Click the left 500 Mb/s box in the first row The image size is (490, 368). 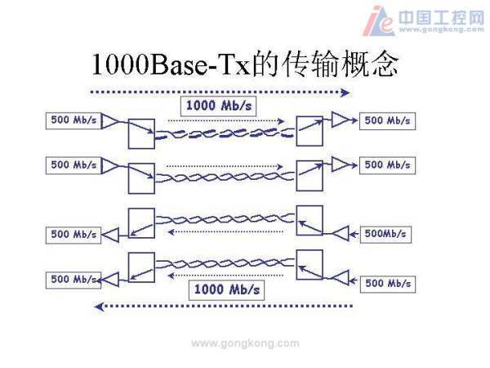click(x=73, y=120)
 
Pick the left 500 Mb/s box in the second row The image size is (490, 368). click(x=73, y=164)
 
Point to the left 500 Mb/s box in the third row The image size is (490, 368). click(x=73, y=234)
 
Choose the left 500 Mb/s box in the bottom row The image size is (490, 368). click(x=73, y=279)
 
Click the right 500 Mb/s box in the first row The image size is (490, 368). click(x=387, y=120)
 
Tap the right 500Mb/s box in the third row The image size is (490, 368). click(x=385, y=234)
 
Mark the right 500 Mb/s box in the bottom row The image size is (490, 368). click(x=387, y=283)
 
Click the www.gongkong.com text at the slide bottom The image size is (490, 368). click(x=245, y=343)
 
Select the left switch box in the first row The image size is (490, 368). click(x=140, y=132)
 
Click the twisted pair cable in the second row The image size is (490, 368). click(x=225, y=176)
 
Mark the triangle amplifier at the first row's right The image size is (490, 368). click(x=339, y=120)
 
